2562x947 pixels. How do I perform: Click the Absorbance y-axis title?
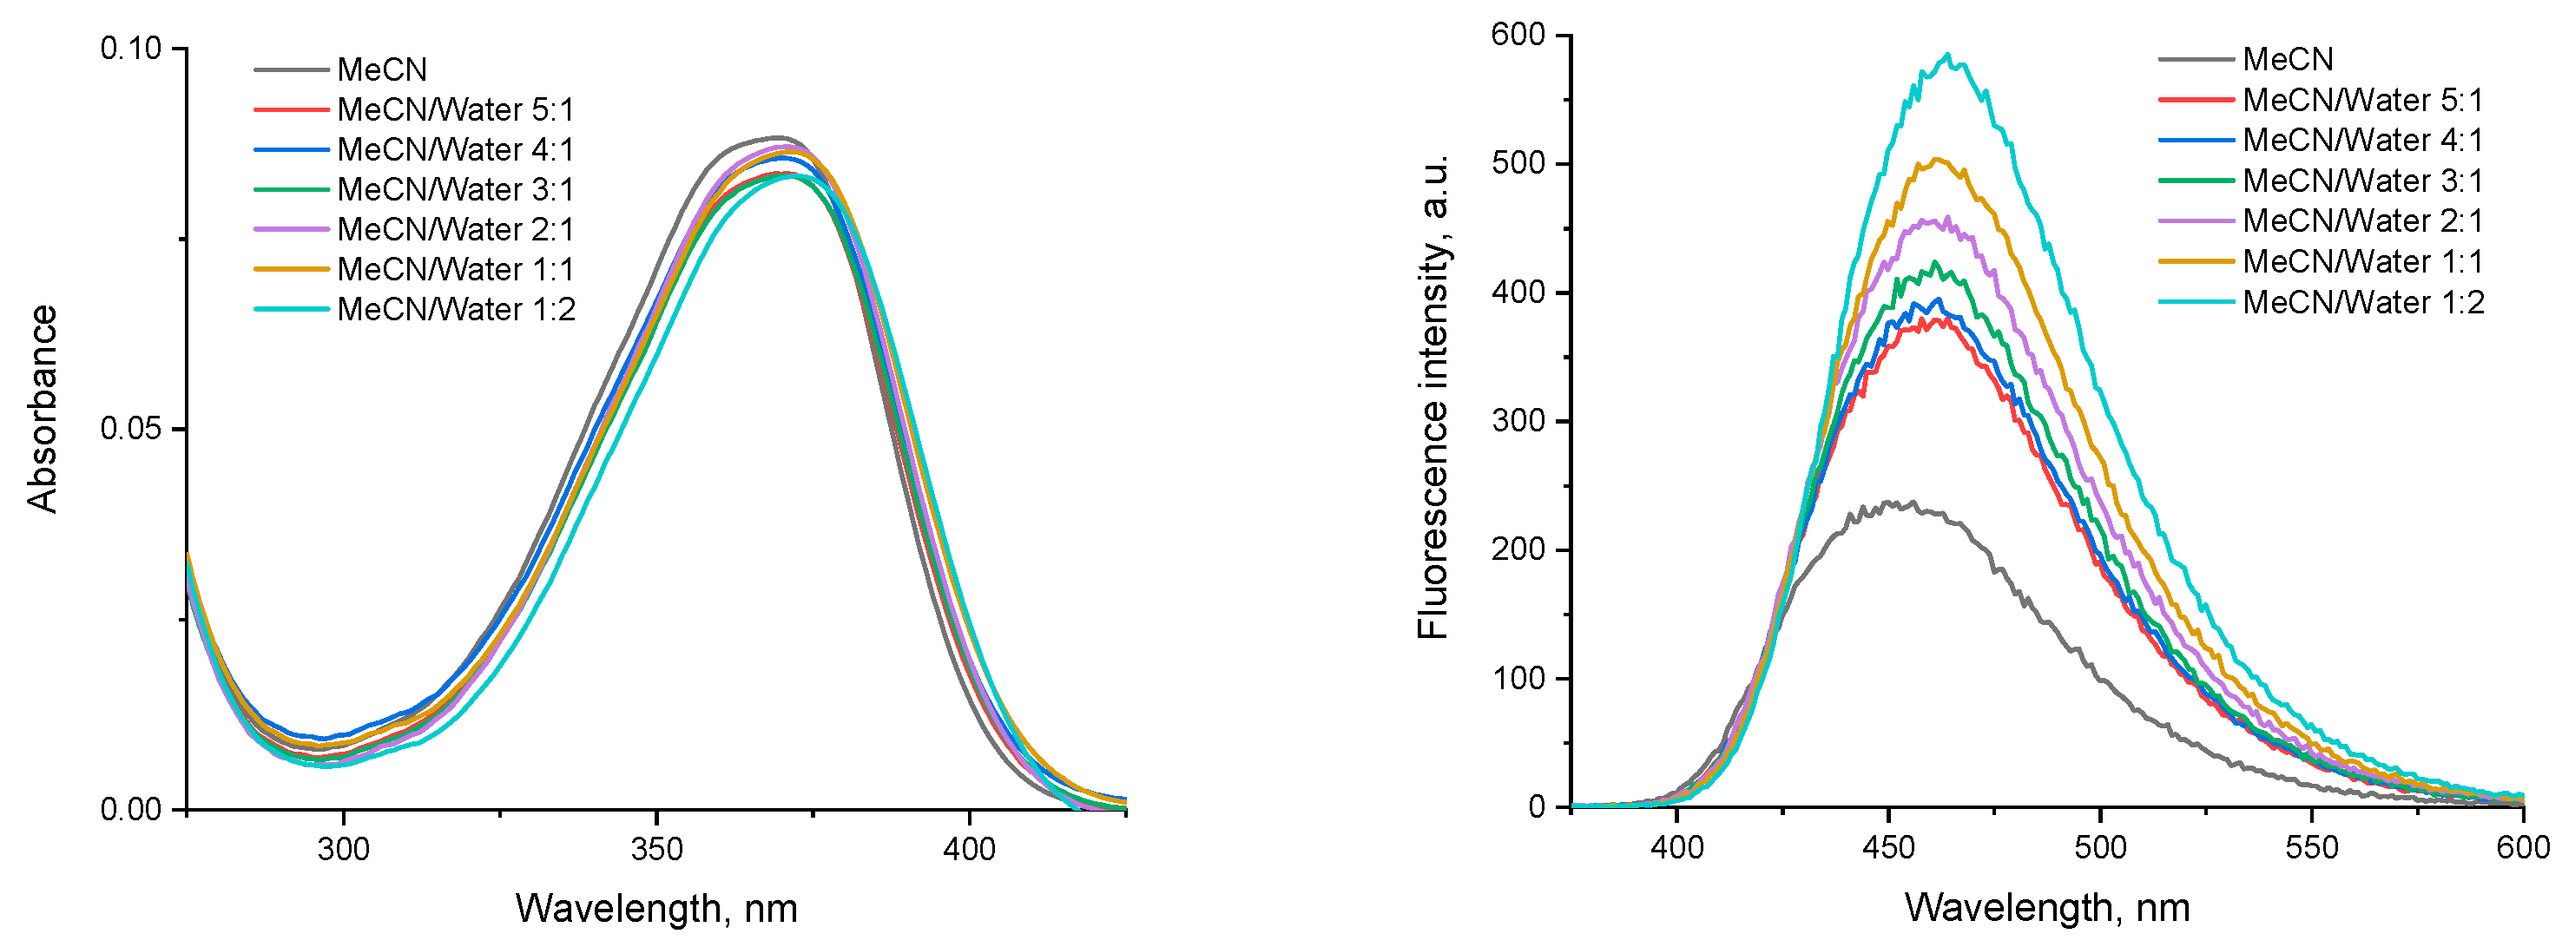tap(43, 409)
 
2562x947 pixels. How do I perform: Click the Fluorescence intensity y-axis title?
tap(1432, 398)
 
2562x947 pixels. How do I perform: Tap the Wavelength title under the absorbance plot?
tap(656, 908)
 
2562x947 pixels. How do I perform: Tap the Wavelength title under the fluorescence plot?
tap(2047, 907)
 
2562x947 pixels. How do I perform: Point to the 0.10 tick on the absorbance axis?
tap(130, 49)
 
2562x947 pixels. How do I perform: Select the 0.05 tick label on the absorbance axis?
tap(130, 429)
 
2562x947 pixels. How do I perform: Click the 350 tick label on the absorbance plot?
tap(656, 850)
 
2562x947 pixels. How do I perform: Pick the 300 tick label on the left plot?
tap(343, 850)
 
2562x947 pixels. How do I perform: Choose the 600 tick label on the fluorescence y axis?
tap(1518, 35)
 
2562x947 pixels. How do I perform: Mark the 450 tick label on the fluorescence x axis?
tap(1887, 847)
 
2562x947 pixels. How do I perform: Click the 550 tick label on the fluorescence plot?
tap(2311, 847)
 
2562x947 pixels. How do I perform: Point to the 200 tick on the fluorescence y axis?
tap(1518, 549)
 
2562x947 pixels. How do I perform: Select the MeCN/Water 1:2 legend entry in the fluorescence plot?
tap(2362, 302)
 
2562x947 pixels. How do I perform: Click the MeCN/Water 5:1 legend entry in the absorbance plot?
tap(456, 109)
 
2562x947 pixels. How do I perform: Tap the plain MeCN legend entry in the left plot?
tap(382, 69)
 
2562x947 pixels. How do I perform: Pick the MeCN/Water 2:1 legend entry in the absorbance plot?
tap(456, 230)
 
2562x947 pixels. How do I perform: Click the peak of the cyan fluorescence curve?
tap(1946, 56)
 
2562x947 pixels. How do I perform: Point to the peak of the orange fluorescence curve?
tap(1938, 159)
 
